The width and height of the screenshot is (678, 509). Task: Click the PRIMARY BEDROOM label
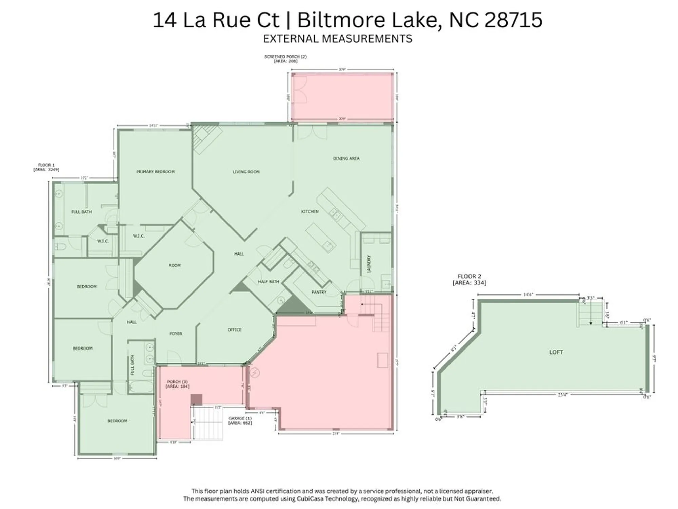pyautogui.click(x=155, y=172)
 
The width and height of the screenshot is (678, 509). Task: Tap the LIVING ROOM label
pyautogui.click(x=246, y=172)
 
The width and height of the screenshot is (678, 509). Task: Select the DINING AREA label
pyautogui.click(x=346, y=158)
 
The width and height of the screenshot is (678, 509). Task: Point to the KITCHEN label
pyautogui.click(x=310, y=212)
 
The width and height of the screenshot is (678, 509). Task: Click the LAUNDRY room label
pyautogui.click(x=369, y=264)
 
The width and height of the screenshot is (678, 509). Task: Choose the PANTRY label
pyautogui.click(x=319, y=292)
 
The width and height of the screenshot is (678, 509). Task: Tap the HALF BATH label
pyautogui.click(x=268, y=282)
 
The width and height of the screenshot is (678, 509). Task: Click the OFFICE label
pyautogui.click(x=235, y=329)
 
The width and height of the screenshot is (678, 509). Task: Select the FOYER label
pyautogui.click(x=176, y=334)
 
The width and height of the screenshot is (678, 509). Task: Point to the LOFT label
pyautogui.click(x=556, y=352)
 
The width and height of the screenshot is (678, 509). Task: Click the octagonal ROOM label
pyautogui.click(x=175, y=265)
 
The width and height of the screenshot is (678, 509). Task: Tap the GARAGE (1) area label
pyautogui.click(x=240, y=420)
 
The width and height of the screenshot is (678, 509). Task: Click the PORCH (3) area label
pyautogui.click(x=177, y=384)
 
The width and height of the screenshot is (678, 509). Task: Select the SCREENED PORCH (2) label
pyautogui.click(x=285, y=59)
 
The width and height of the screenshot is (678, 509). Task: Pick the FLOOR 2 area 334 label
pyautogui.click(x=469, y=279)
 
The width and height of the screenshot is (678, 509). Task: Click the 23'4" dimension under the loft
pyautogui.click(x=562, y=395)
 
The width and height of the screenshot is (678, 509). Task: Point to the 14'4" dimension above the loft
pyautogui.click(x=528, y=295)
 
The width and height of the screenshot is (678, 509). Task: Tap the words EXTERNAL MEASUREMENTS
pyautogui.click(x=338, y=39)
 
